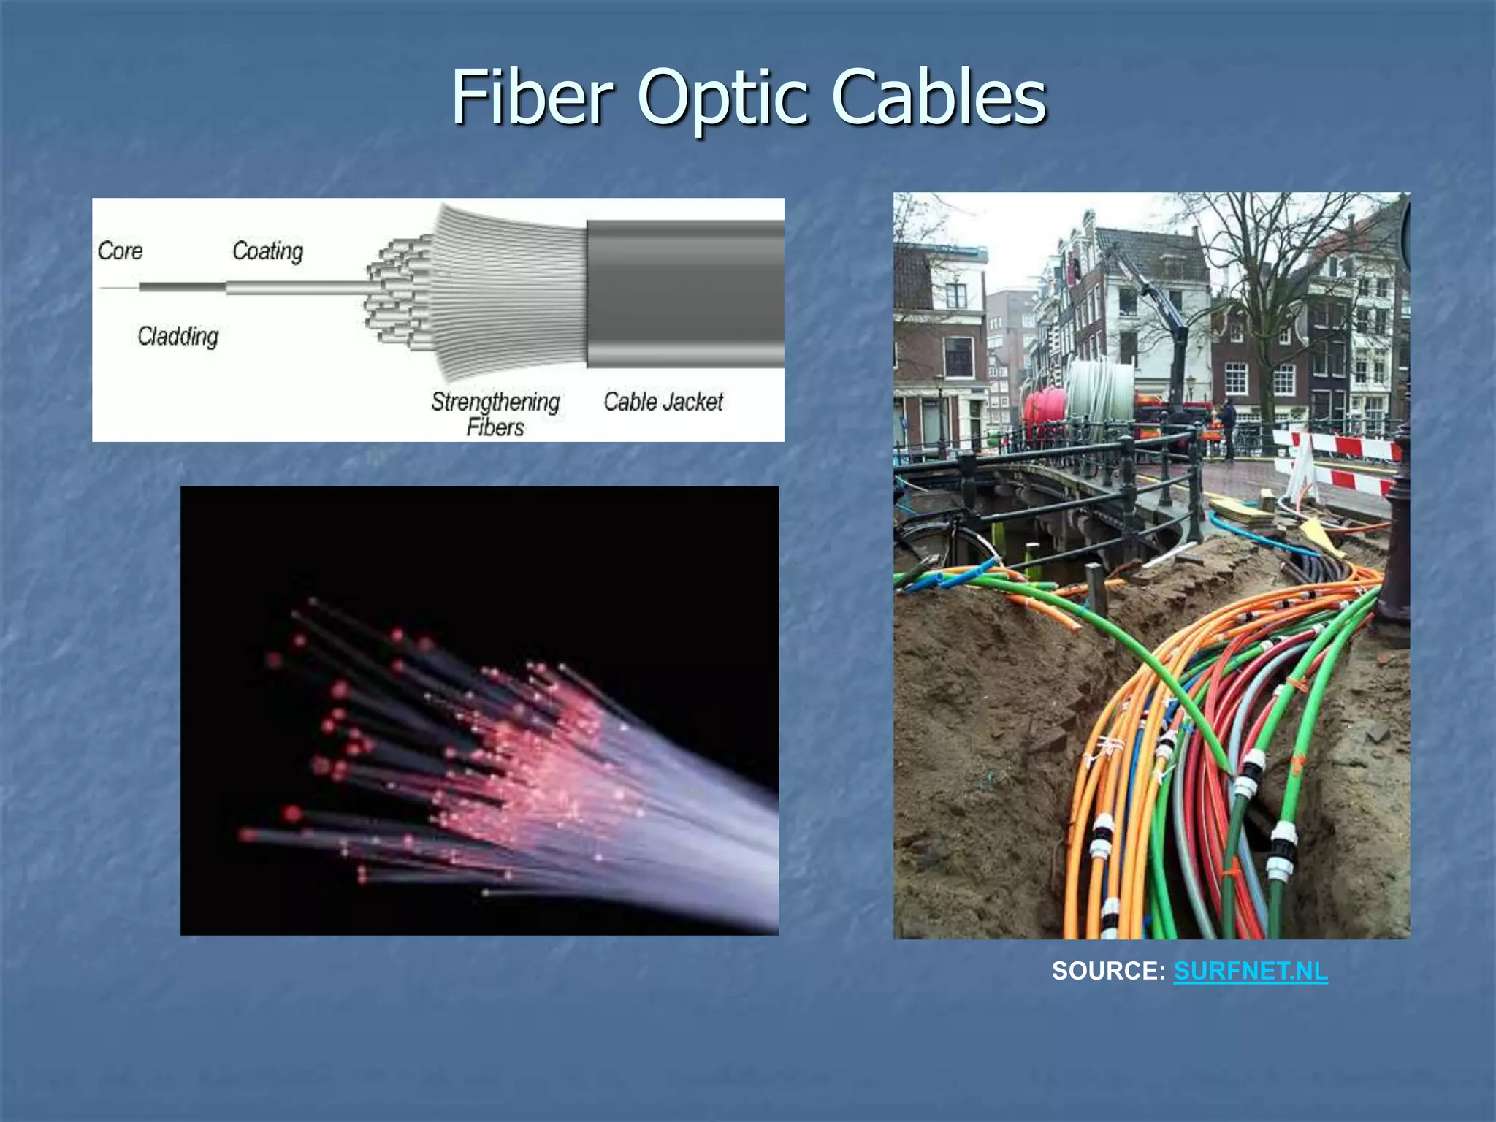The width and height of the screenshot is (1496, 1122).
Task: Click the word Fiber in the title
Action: point(532,96)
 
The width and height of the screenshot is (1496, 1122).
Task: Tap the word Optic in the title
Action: point(722,96)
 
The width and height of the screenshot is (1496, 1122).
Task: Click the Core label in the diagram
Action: point(121,251)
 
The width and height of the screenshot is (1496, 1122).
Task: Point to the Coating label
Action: point(267,251)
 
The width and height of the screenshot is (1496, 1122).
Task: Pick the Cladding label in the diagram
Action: point(178,336)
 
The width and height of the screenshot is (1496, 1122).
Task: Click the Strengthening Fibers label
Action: point(495,413)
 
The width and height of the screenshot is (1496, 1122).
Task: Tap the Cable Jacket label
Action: point(663,402)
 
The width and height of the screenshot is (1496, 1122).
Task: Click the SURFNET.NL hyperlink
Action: point(1250,971)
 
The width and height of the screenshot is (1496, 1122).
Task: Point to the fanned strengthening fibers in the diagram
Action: point(508,292)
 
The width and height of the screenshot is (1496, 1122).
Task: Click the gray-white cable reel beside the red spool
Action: point(1100,398)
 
